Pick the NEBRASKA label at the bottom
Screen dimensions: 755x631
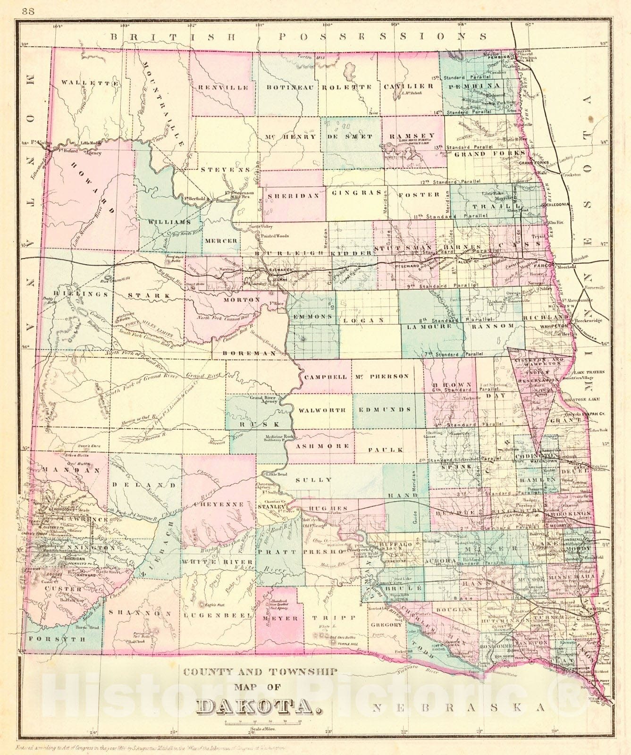pyautogui.click(x=460, y=707)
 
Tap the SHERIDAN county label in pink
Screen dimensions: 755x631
pyautogui.click(x=293, y=195)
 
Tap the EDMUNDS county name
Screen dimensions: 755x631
pyautogui.click(x=385, y=410)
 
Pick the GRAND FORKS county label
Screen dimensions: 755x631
pyautogui.click(x=489, y=154)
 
